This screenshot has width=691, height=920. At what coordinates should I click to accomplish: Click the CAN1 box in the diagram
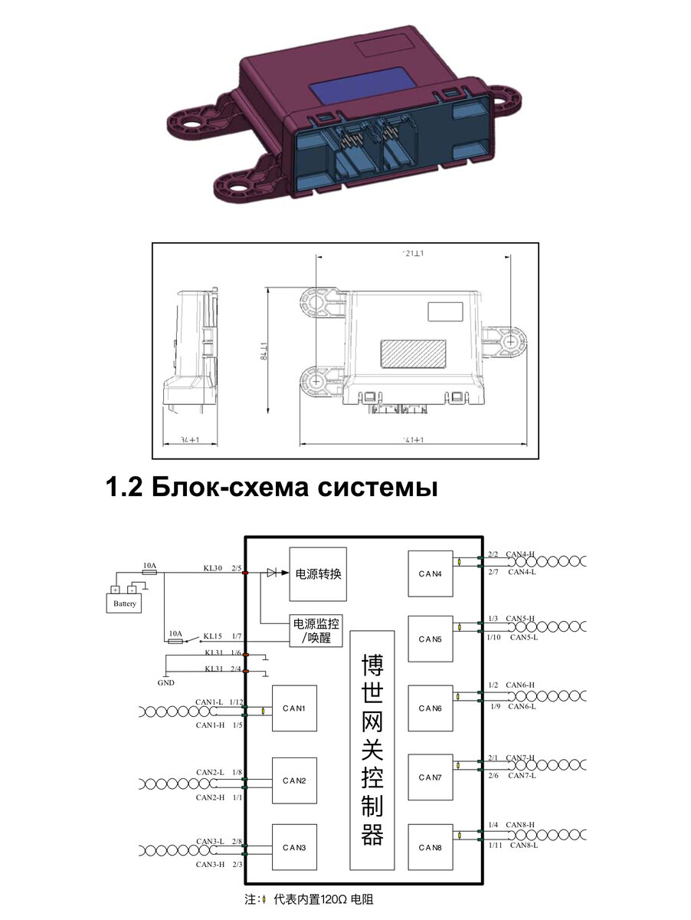(294, 708)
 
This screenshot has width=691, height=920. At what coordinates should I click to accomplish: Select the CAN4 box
(430, 573)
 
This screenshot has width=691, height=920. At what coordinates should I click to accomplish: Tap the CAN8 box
(430, 847)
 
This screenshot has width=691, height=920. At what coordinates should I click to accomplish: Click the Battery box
(124, 603)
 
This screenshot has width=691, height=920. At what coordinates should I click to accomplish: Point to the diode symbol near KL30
(272, 573)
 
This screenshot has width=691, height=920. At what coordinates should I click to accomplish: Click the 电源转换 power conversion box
(318, 574)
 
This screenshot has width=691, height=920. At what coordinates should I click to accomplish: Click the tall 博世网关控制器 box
(372, 750)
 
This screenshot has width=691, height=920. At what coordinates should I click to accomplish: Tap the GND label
(165, 682)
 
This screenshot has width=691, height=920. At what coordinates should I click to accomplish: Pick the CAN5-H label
(520, 618)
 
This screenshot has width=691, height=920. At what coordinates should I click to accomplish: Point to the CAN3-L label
(209, 841)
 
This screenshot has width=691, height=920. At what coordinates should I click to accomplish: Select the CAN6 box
(430, 708)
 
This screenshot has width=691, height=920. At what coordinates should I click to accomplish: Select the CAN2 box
(294, 780)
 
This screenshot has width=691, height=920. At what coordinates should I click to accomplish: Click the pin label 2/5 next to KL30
(237, 568)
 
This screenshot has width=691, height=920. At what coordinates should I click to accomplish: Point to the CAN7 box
(430, 777)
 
